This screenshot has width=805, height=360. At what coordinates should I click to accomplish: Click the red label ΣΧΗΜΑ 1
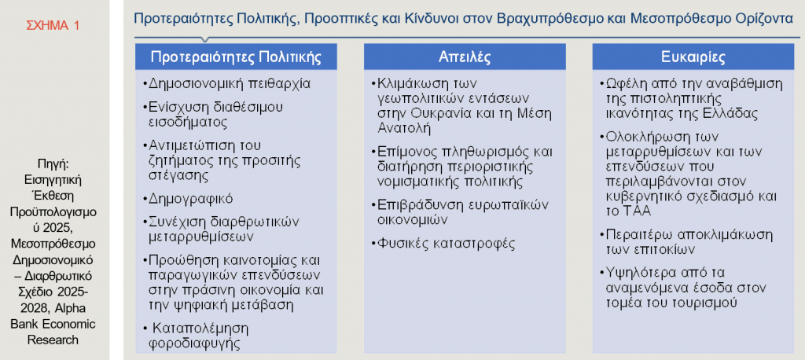[x=54, y=26]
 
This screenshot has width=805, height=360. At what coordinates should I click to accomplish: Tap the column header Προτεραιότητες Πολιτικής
[x=236, y=57]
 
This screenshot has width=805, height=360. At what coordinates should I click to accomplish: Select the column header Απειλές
[x=465, y=57]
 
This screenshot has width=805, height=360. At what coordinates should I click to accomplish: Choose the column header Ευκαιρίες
[x=693, y=57]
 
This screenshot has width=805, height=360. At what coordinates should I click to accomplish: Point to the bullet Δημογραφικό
[x=187, y=198]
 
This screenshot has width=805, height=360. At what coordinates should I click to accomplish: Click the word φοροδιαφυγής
[x=194, y=343]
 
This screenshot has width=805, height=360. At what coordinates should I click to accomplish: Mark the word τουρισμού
[x=693, y=303]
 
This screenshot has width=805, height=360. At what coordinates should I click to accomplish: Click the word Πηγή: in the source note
[x=53, y=164]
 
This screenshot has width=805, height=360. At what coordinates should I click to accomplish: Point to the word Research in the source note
[x=53, y=340]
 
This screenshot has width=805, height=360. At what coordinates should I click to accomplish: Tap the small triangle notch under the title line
[x=205, y=40]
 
